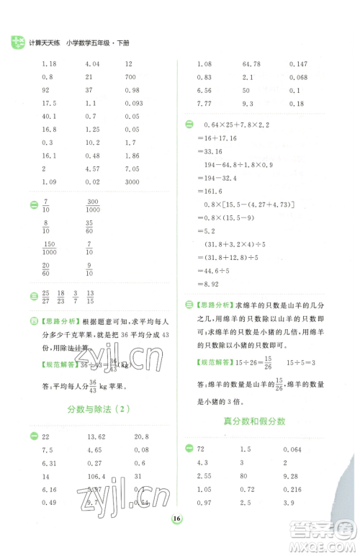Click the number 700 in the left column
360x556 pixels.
[x=130, y=76]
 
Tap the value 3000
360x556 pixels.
[x=132, y=181]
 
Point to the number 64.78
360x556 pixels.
[x=252, y=64]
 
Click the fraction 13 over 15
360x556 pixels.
[x=90, y=295]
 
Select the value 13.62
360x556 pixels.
[x=96, y=437]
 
